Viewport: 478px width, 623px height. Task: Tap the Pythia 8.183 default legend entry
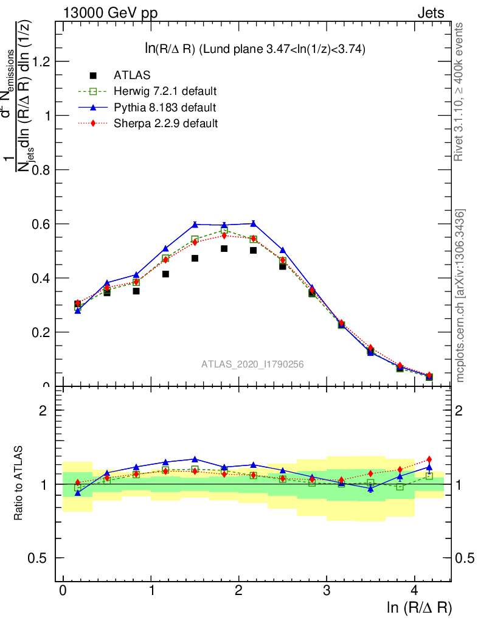coord(165,108)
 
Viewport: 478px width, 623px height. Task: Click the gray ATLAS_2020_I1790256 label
coord(252,364)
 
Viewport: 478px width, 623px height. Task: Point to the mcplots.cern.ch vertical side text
coord(460,296)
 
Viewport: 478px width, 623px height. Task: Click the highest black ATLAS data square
coord(224,249)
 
